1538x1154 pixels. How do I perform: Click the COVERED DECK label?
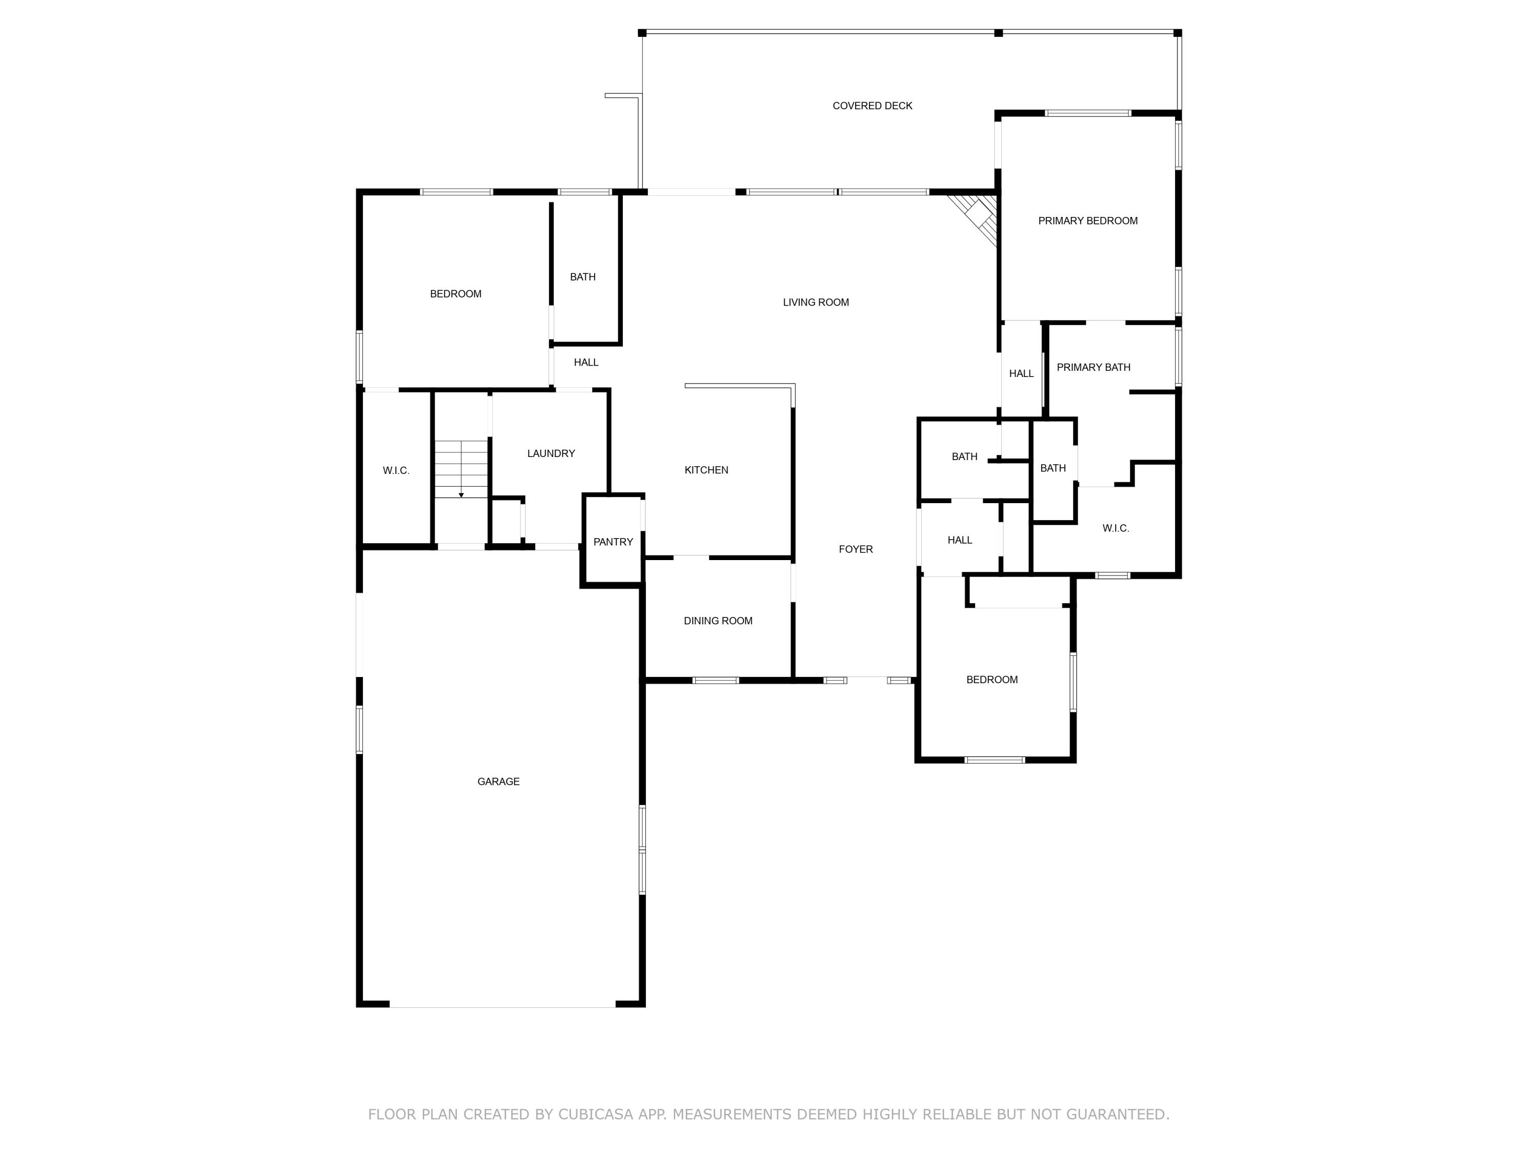872,106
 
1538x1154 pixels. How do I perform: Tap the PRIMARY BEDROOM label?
1087,221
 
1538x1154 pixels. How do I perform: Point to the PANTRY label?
613,542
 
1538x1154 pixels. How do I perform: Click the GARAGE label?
498,781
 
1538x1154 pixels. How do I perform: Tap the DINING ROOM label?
718,621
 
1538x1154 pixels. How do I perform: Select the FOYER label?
855,549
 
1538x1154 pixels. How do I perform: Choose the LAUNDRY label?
551,453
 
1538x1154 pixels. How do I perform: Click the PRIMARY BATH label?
1093,367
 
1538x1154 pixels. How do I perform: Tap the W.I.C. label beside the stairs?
396,471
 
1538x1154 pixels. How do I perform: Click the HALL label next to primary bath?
1021,373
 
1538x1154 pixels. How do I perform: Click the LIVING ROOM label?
816,302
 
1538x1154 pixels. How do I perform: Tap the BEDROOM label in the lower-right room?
991,680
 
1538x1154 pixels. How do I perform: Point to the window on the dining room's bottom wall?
715,680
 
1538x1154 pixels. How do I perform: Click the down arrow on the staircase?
461,494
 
